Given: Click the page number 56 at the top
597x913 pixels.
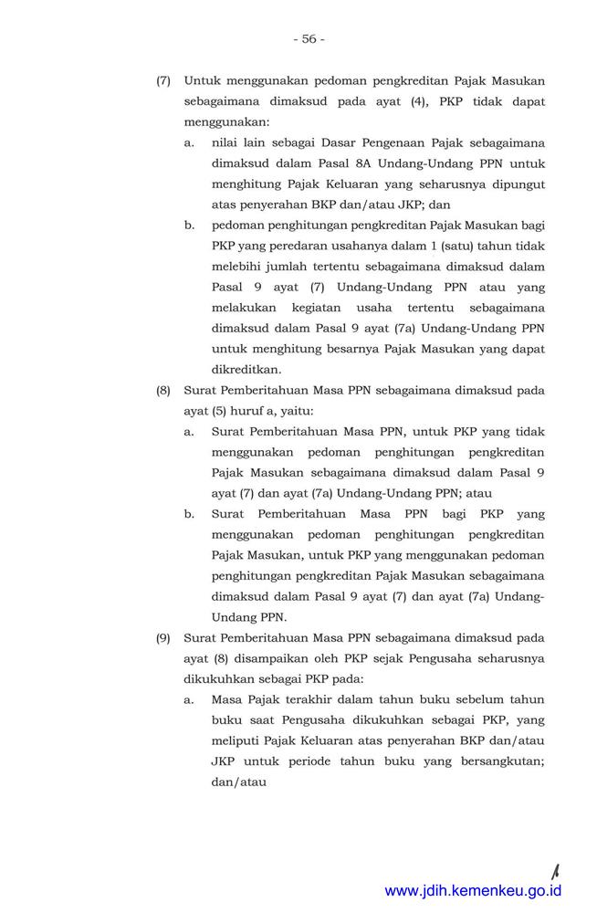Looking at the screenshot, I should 309,38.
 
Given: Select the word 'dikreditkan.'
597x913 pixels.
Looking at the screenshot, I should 246,370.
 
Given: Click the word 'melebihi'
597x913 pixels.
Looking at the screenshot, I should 236,267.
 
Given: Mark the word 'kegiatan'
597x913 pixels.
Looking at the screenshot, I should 326,308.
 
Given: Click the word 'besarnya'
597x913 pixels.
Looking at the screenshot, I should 354,349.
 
